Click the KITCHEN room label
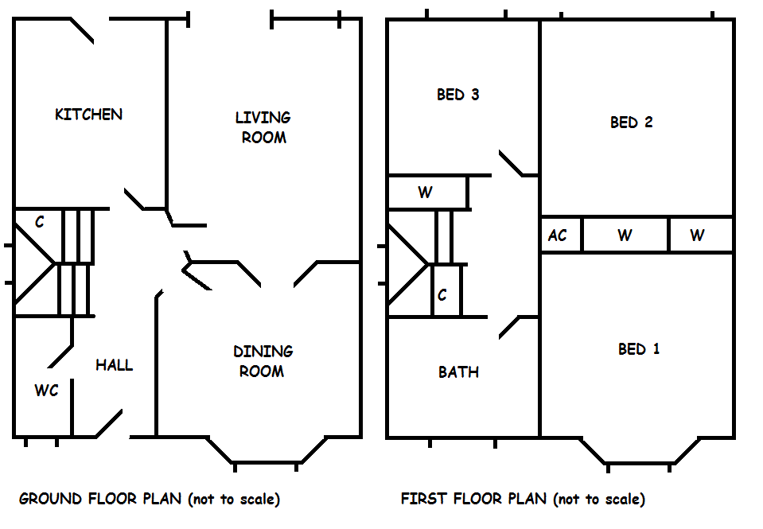tap(88, 115)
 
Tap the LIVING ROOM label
tap(263, 127)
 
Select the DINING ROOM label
tap(263, 361)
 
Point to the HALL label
tap(115, 366)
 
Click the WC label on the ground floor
tap(46, 391)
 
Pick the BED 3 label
tap(457, 95)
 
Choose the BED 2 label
tap(632, 123)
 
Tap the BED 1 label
tap(639, 349)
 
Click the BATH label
tap(458, 372)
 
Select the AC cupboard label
tap(558, 235)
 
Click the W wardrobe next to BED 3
tap(425, 193)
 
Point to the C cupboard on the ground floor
tap(39, 222)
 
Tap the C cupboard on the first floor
tap(442, 295)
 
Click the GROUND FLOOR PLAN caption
tap(150, 500)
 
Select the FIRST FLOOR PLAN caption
tap(523, 500)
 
